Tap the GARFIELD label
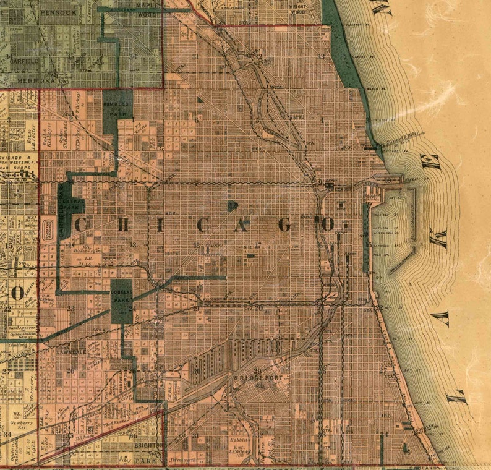(x=23, y=62)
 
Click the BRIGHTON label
(x=147, y=445)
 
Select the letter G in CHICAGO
(x=285, y=225)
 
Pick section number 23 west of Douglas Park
(x=71, y=308)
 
